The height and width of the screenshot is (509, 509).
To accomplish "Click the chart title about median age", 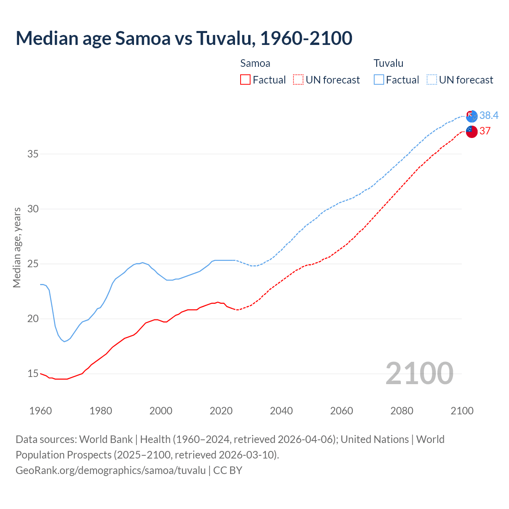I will (x=184, y=38).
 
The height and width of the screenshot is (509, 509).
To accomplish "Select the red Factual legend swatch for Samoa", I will (x=245, y=80).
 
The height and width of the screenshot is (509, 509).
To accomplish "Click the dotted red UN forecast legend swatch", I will (x=298, y=80).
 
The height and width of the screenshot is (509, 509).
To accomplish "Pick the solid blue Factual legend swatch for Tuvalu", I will (x=379, y=80).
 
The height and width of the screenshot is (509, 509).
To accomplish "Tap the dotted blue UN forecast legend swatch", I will (x=431, y=80).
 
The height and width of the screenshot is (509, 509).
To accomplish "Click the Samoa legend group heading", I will (x=255, y=63).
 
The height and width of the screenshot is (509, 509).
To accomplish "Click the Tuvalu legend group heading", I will (x=388, y=63).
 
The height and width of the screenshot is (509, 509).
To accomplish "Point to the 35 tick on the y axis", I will (x=33, y=154).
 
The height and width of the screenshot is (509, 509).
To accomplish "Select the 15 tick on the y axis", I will (x=33, y=373).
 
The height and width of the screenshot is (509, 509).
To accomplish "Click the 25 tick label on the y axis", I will (x=33, y=264).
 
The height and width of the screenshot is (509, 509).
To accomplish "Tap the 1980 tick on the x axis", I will (x=101, y=411).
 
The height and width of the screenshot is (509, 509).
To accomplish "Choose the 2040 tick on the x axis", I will (x=281, y=411).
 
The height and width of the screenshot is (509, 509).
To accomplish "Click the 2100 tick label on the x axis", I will (x=462, y=411).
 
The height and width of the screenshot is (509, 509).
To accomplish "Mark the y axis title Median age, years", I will (x=17, y=247).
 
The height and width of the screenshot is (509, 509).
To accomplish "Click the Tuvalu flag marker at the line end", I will (x=472, y=116).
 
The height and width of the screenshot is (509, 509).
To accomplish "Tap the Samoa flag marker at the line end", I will (x=472, y=131).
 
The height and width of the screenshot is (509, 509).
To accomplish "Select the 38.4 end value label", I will (x=489, y=115).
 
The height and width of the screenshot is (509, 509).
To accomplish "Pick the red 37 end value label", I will (x=485, y=131).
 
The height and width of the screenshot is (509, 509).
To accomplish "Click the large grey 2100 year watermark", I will (x=419, y=373).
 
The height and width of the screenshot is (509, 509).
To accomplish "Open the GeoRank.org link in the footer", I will (x=111, y=470).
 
